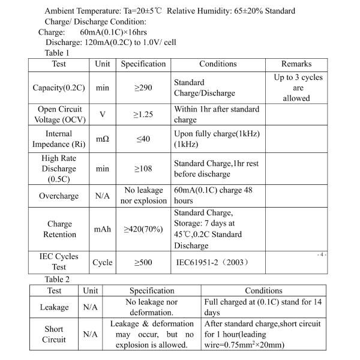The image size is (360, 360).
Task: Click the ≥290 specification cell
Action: point(143,88)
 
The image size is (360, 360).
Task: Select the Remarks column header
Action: point(296,64)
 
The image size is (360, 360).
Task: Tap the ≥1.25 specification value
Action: point(143,114)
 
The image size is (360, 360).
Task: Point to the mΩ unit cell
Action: point(103,139)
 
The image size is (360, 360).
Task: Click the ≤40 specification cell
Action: point(143,139)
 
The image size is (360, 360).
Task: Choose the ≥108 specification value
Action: point(143,169)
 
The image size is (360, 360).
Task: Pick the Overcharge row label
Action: point(59,196)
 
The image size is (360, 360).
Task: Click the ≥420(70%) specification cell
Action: point(143,229)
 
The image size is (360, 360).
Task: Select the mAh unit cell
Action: point(102,229)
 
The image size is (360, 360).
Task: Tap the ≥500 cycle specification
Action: point(143,262)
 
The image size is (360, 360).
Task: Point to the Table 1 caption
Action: point(57,53)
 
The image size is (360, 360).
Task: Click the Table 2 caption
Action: point(57,280)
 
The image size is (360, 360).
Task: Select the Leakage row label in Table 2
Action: point(54,307)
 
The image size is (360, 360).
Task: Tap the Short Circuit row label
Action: point(54,334)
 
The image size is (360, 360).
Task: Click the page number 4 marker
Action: point(322,255)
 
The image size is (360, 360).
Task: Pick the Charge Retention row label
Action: point(59,229)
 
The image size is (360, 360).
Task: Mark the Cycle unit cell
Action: point(103,262)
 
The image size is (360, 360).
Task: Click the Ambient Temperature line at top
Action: point(170,11)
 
